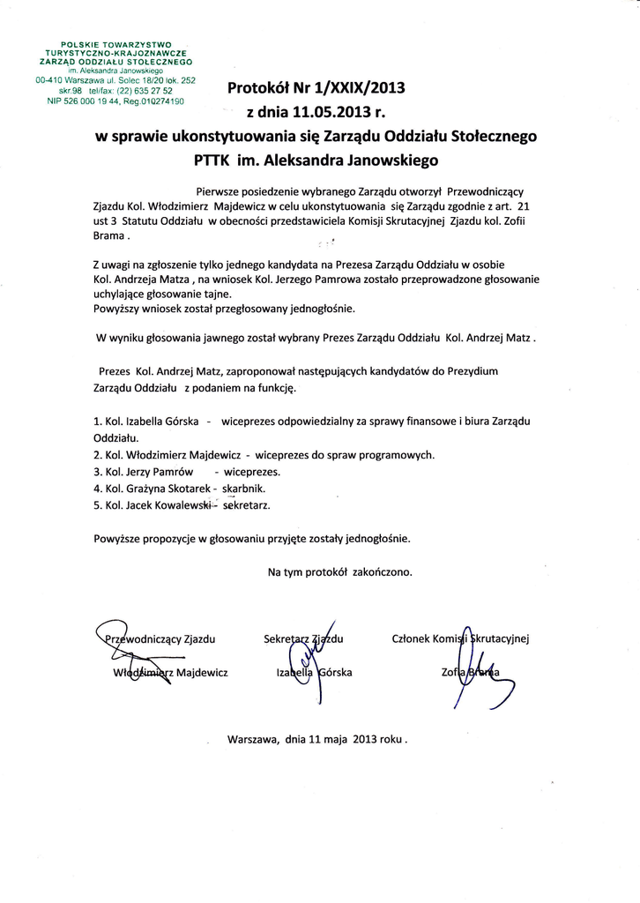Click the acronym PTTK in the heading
pyautogui.click(x=212, y=161)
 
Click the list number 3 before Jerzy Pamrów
pyautogui.click(x=96, y=471)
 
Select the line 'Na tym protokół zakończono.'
pyautogui.click(x=340, y=571)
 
